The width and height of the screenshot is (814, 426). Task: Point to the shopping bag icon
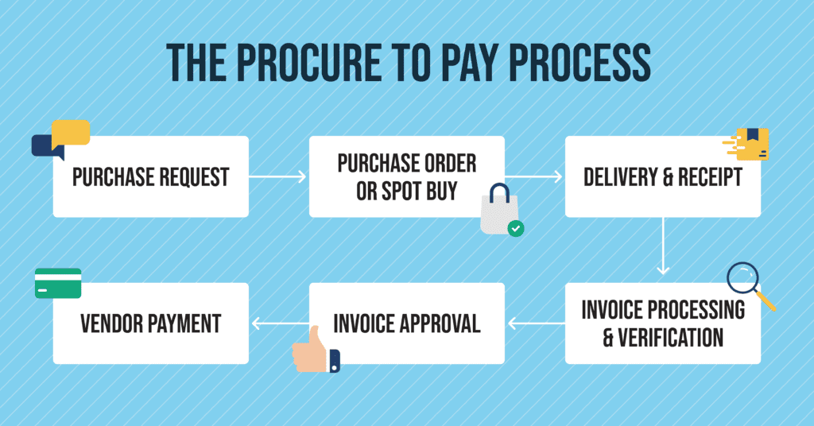tap(498, 211)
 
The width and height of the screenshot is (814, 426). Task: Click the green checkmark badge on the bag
tap(516, 229)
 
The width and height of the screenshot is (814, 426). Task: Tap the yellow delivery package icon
tap(751, 143)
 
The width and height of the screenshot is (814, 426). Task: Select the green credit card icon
tap(58, 283)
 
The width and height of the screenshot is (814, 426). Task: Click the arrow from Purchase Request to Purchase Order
tap(278, 176)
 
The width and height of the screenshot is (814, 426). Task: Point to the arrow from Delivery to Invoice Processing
tap(663, 246)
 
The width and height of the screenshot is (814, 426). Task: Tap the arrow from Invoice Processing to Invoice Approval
tap(534, 323)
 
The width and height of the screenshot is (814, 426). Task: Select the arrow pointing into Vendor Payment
tap(279, 323)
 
